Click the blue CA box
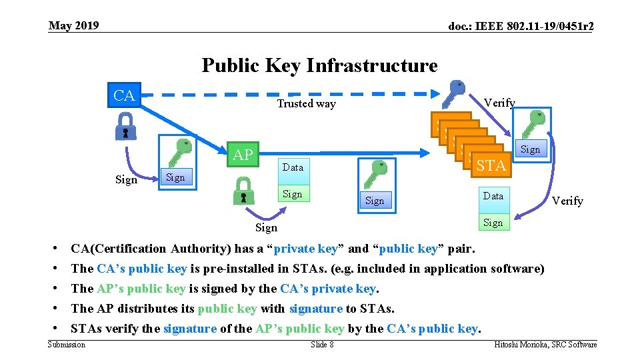(124, 95)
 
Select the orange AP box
(243, 155)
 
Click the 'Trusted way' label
(306, 103)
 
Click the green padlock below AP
(243, 193)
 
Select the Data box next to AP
(293, 167)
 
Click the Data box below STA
(493, 196)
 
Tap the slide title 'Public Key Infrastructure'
(319, 65)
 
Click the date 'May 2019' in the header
(74, 26)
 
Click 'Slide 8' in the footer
(322, 344)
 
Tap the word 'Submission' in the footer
(67, 344)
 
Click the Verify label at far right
(568, 201)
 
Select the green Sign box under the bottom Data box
(493, 223)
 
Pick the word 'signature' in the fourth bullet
(316, 309)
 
